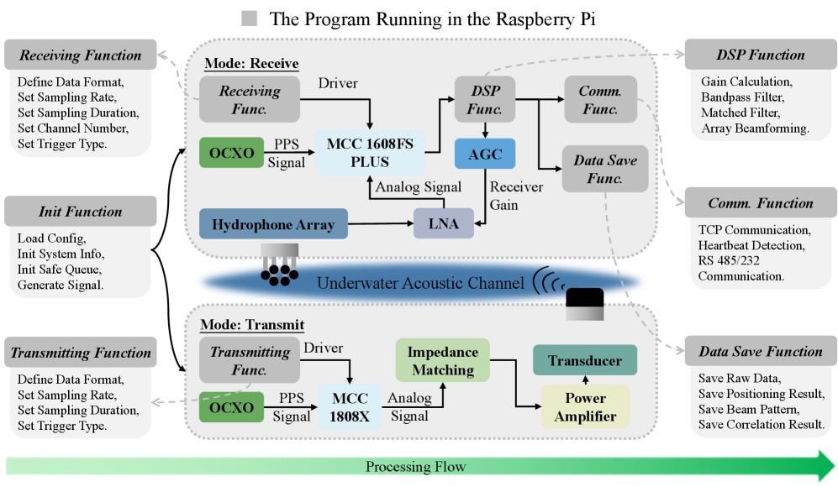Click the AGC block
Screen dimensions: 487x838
483,154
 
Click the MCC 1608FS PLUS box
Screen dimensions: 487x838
370,152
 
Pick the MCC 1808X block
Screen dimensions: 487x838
349,406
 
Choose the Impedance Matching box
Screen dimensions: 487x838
443,361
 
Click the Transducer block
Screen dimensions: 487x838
585,361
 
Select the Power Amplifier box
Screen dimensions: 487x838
585,406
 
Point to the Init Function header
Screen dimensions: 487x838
80,212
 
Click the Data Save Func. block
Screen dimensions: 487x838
604,168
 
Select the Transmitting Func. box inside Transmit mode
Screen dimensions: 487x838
250,361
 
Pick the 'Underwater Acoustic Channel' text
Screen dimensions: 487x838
421,282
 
